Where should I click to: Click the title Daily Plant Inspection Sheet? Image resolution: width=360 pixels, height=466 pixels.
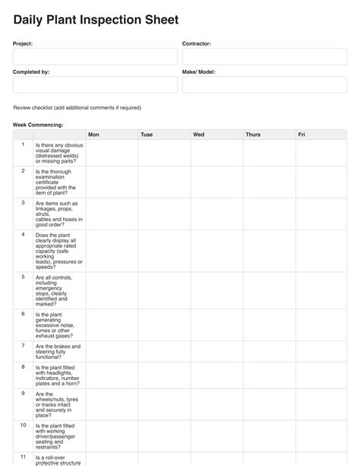[95, 20]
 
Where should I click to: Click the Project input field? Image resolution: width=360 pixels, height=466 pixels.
[95, 57]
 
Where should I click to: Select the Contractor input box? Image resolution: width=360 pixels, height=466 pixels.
[264, 57]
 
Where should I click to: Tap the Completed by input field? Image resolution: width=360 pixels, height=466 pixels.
[95, 84]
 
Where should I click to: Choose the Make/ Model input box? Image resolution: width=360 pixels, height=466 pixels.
[264, 84]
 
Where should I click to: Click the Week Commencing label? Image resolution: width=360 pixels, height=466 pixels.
[38, 124]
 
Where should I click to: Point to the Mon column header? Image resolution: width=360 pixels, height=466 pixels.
[93, 135]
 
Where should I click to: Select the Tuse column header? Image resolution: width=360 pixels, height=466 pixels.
[147, 135]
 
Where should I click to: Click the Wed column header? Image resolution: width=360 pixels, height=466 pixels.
[198, 135]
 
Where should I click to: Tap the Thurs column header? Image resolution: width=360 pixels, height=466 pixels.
[253, 135]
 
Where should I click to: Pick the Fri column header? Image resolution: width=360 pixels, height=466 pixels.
[302, 135]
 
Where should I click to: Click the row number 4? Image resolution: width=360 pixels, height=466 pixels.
[23, 235]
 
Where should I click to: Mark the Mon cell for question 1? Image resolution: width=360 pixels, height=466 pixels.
[112, 153]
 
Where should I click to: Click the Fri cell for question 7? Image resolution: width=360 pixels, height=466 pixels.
[326, 351]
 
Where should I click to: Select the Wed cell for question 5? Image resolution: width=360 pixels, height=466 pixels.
[216, 290]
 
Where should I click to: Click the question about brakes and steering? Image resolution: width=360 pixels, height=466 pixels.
[58, 351]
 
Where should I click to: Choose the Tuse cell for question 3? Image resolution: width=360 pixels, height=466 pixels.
[164, 214]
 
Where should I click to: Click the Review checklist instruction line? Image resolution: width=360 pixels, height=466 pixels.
[77, 108]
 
